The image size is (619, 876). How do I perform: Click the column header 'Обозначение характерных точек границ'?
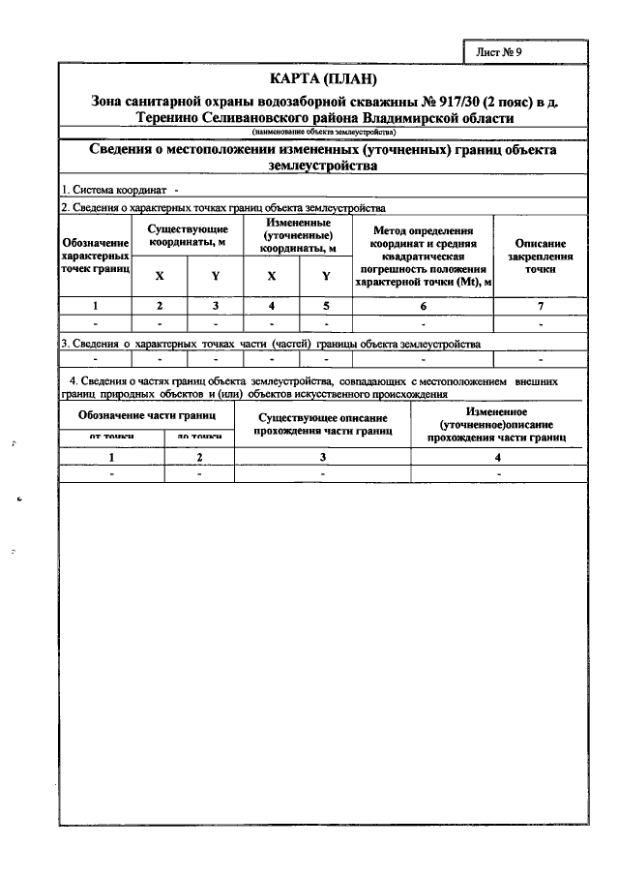(95, 255)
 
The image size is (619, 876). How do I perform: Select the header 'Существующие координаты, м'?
(188, 235)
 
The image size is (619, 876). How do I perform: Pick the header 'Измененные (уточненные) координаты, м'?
(298, 235)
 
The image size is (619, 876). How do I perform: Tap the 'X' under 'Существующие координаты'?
(160, 276)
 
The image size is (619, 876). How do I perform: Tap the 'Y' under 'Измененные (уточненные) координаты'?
(326, 276)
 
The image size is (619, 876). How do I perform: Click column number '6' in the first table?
(423, 306)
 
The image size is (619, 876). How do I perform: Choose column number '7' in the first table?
(540, 306)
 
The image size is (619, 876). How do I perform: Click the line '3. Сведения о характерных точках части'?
(271, 343)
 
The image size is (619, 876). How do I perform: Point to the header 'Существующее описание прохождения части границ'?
(323, 424)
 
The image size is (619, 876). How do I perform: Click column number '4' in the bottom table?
(497, 457)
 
